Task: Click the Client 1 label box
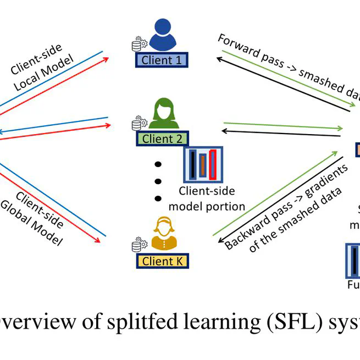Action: coord(162,59)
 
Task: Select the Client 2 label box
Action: coord(162,139)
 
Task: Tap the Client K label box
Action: coord(162,261)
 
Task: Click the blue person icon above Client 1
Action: coord(162,34)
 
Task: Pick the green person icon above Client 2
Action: coord(162,113)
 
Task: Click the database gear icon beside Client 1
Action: coord(138,44)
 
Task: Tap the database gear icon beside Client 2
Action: coord(138,123)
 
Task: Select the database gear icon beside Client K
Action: coord(138,245)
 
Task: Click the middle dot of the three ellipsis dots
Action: coord(158,181)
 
